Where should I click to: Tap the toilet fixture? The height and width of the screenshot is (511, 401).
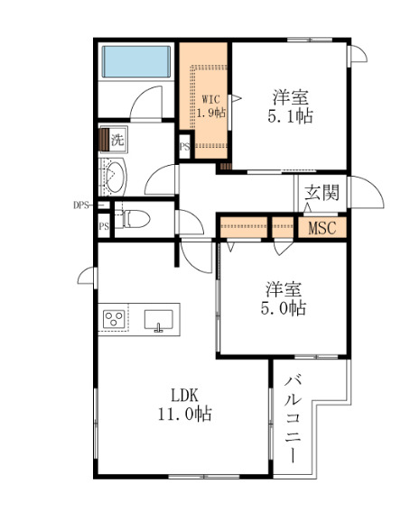(x=133, y=217)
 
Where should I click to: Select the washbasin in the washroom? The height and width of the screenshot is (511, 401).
(x=115, y=176)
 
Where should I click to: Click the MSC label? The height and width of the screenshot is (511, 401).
(x=322, y=228)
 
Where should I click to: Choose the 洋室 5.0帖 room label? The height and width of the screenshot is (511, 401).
(x=284, y=298)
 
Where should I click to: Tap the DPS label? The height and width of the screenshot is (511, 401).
(x=82, y=205)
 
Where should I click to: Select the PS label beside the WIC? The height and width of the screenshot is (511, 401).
(x=184, y=146)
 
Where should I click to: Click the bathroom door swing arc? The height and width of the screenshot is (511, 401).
(x=145, y=105)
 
